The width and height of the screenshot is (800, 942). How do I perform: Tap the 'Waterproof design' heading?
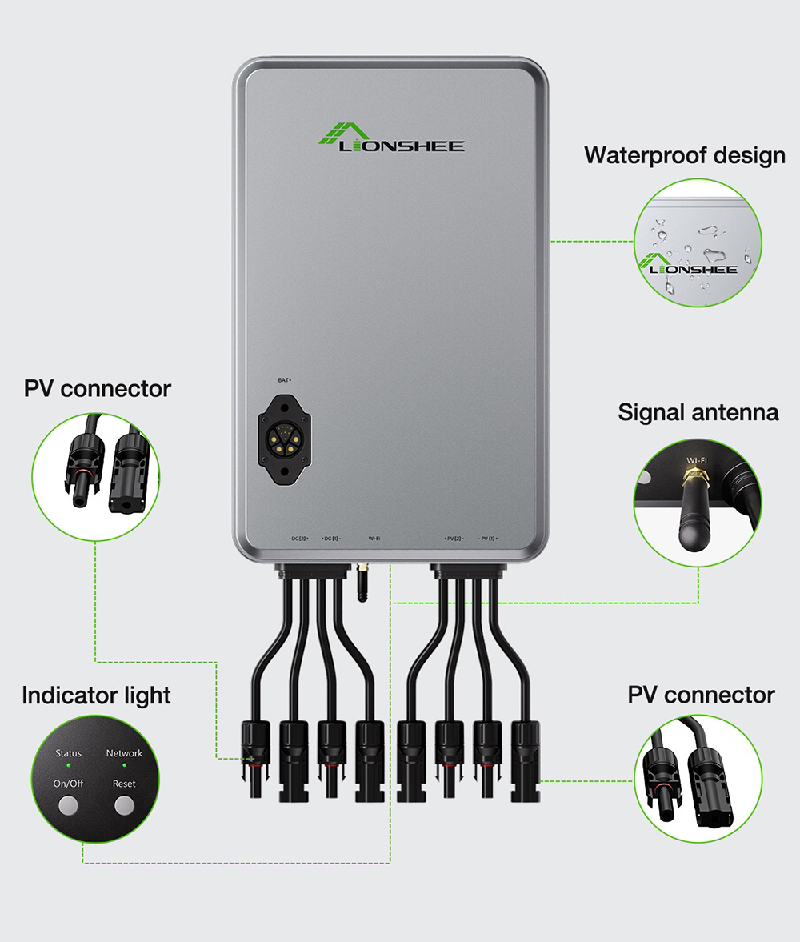click(x=684, y=154)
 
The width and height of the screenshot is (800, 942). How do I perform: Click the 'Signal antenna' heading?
click(x=698, y=412)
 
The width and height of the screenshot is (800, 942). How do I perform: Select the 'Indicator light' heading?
click(x=96, y=695)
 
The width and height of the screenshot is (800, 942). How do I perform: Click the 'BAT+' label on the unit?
click(x=284, y=380)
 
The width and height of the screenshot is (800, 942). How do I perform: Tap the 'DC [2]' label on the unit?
click(x=298, y=539)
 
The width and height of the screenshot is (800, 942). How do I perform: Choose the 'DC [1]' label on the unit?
click(x=330, y=539)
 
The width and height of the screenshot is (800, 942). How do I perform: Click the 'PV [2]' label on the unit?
click(x=454, y=539)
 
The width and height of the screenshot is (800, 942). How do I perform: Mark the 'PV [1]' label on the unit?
click(x=487, y=539)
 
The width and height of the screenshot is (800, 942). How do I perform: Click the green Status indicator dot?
click(x=68, y=766)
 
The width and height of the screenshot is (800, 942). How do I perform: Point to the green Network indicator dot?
click(x=124, y=766)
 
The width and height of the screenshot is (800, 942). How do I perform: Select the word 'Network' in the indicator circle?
click(x=124, y=753)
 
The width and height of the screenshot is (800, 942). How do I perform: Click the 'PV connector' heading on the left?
click(x=97, y=389)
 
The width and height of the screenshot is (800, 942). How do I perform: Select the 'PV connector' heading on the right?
click(x=701, y=694)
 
